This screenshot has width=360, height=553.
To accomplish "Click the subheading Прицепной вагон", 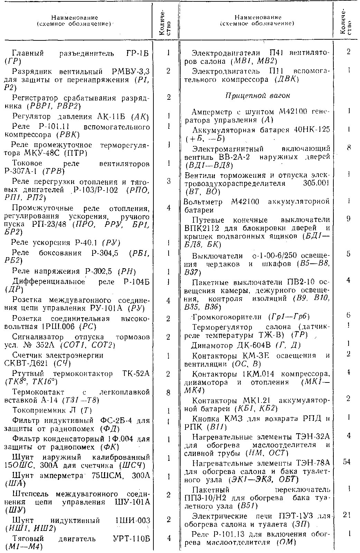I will point(257,95).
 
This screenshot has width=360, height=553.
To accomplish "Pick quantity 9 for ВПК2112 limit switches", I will point(348,219).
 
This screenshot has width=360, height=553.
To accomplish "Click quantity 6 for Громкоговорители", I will point(348,315).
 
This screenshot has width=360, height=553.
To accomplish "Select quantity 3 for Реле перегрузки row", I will point(168,181).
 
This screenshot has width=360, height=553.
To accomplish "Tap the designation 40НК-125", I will point(311,130).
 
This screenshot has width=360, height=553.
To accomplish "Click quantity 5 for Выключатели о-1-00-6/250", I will point(348,254).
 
